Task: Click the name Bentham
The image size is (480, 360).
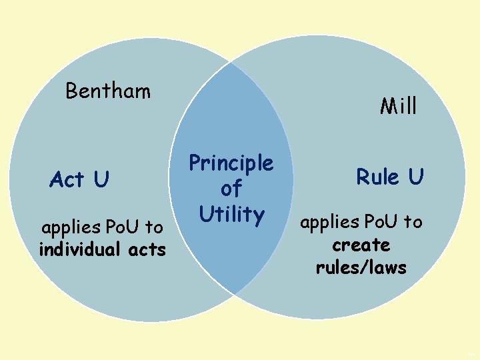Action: point(108,91)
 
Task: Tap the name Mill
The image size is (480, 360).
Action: point(398,106)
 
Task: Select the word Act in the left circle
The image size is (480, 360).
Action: point(67,179)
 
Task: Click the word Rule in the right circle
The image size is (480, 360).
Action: point(377,177)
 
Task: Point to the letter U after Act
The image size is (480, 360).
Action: point(101,179)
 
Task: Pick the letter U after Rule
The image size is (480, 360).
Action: point(415,177)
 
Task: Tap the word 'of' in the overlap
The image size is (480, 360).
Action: point(231,189)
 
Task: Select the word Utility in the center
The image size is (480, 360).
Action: point(231,214)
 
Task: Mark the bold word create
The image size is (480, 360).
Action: point(361,245)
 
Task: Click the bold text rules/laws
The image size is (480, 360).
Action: point(361,267)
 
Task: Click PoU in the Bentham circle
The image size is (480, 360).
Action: point(123,227)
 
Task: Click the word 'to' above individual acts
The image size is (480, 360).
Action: point(154,227)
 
